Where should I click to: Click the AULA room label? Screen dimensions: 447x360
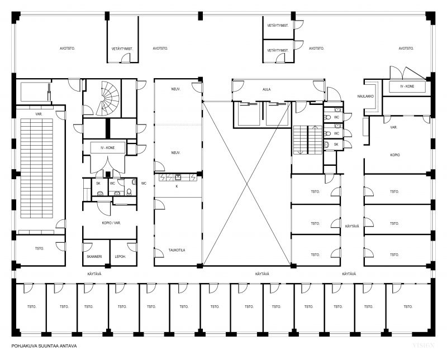click(x=267, y=89)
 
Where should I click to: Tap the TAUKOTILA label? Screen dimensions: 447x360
click(x=177, y=250)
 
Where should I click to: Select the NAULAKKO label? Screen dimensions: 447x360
click(x=365, y=96)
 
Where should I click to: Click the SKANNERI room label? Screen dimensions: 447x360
click(x=94, y=257)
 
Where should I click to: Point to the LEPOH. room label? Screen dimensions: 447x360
click(x=120, y=257)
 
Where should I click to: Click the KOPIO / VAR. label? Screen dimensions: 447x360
click(x=111, y=223)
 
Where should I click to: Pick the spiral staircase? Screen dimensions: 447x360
click(x=107, y=98)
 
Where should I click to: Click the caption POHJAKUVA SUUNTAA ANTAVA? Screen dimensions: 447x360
click(x=44, y=346)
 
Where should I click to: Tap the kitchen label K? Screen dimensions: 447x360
click(x=177, y=186)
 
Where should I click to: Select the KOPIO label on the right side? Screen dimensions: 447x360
click(x=395, y=155)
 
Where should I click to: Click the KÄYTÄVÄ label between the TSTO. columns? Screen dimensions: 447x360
click(x=352, y=226)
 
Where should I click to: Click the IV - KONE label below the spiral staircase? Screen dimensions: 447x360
click(x=107, y=148)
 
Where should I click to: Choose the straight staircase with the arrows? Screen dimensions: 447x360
click(x=308, y=140)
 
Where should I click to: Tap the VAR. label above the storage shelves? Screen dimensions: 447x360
click(x=39, y=114)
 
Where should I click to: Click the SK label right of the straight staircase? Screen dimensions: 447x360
click(x=336, y=145)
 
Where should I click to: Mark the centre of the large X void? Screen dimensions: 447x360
click(x=247, y=184)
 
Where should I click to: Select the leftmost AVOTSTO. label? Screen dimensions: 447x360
click(x=67, y=49)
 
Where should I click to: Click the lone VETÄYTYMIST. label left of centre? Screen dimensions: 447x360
click(x=122, y=49)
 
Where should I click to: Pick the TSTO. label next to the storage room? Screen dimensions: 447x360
click(x=39, y=248)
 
